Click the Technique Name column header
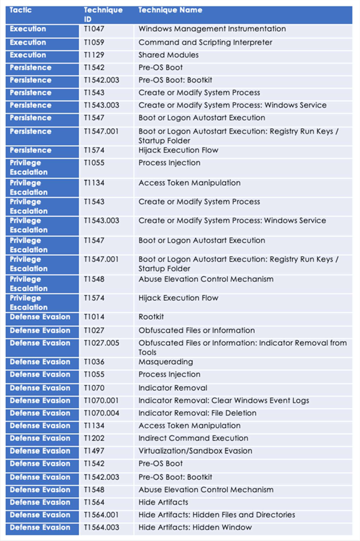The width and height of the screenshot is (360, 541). [170, 10]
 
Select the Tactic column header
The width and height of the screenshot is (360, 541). [21, 10]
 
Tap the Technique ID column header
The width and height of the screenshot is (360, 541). [103, 14]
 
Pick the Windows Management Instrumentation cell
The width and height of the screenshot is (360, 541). [212, 29]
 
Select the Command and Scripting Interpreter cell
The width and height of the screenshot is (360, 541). [205, 42]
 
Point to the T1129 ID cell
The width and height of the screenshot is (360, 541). [93, 55]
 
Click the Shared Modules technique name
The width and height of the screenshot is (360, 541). [168, 55]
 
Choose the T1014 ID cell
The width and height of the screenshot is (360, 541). [93, 317]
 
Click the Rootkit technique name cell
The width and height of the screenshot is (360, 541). [151, 317]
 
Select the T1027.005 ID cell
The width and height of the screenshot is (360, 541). [102, 343]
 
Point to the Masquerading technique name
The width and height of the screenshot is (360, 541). [166, 362]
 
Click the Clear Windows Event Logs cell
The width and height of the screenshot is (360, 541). [224, 401]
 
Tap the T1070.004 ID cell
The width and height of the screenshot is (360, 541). [102, 413]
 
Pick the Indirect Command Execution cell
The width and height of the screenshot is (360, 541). [193, 438]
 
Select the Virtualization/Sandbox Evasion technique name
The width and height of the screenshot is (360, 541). [195, 451]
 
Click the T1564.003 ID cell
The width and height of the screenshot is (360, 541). [102, 527]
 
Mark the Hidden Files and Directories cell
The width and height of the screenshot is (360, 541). [217, 515]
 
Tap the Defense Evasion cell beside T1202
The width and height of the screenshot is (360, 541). [40, 438]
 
